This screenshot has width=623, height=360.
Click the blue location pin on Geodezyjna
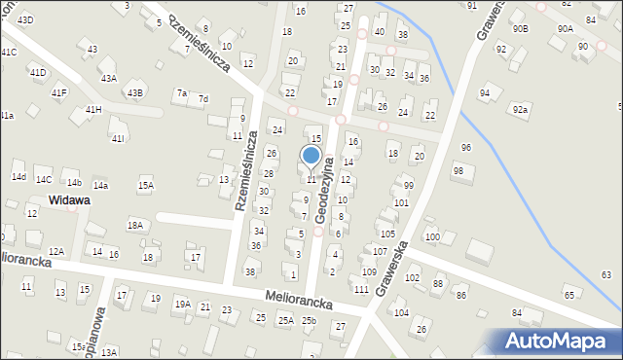[311, 157]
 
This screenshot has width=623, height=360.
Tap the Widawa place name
[69, 200]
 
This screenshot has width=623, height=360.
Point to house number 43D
[25, 20]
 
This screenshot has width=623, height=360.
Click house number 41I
[117, 139]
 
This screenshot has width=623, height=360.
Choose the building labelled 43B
[134, 93]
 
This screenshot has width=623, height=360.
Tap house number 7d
[203, 99]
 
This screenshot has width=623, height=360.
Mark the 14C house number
[44, 180]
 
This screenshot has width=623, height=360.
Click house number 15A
[146, 185]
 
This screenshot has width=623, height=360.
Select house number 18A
[135, 225]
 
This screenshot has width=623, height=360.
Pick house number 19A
[182, 304]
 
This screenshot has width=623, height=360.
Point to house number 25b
[309, 320]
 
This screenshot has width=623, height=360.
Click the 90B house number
[521, 29]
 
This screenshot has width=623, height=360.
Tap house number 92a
[521, 110]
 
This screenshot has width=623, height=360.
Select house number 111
[361, 290]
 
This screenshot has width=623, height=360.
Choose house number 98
[458, 171]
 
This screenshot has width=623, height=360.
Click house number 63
[606, 275]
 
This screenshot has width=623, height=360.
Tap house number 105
[387, 234]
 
